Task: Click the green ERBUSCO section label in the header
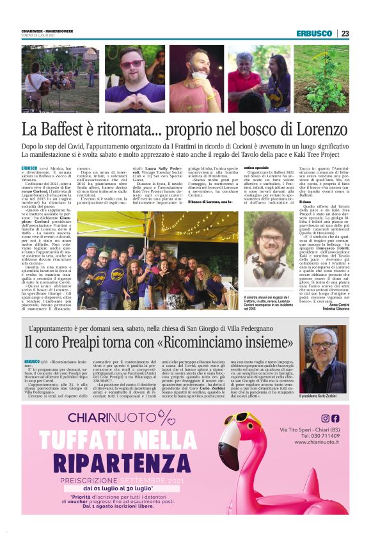point(314,33)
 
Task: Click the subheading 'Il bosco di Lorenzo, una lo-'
point(209,202)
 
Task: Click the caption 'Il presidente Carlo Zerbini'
point(320,396)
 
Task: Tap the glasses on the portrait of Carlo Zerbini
point(322,345)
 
